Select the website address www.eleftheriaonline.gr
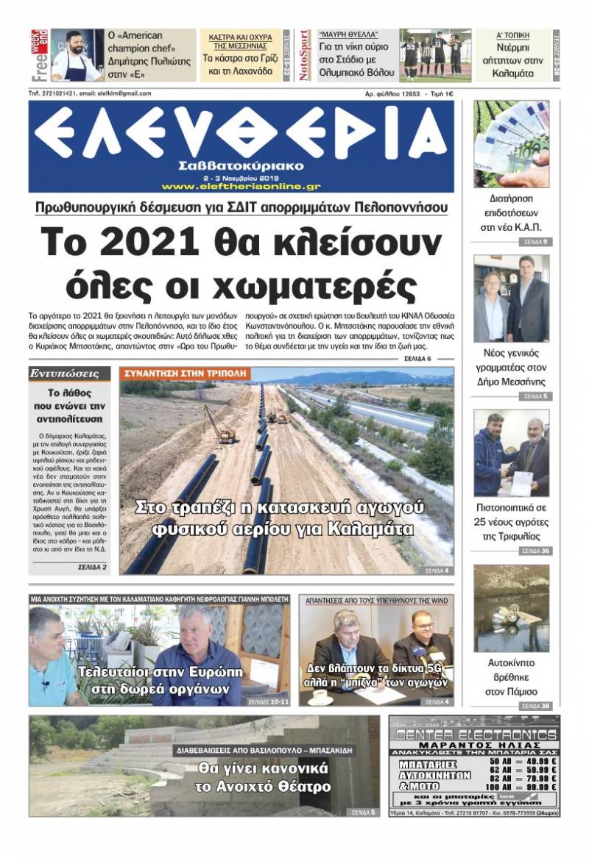click(241, 186)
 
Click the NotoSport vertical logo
click(305, 55)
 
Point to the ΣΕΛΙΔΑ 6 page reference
click(417, 358)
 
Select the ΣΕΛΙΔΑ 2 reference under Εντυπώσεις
click(92, 568)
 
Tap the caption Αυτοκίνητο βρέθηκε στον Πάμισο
click(511, 677)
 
